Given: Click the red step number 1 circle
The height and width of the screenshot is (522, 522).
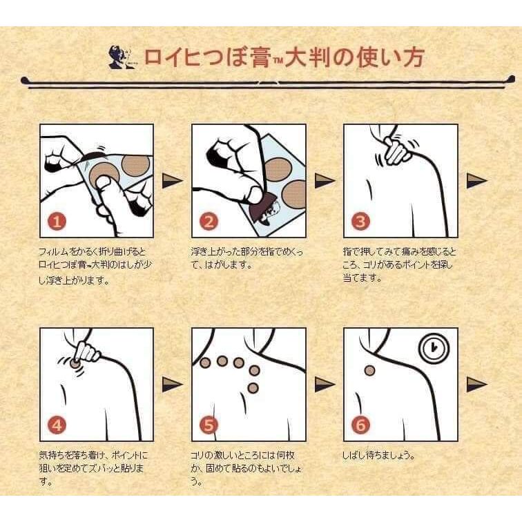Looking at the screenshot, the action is coord(57,222).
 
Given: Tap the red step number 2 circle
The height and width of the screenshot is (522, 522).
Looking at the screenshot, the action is coord(209,222).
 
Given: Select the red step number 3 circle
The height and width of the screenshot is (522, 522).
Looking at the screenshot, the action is coord(361,222).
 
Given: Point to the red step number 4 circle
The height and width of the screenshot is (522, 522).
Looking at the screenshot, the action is coord(57,425).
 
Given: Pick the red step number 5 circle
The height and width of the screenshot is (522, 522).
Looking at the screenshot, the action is coord(209,425).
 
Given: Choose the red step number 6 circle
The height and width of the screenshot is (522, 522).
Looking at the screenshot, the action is coord(361,425).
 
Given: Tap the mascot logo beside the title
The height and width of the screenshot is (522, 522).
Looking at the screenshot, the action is coord(122,57).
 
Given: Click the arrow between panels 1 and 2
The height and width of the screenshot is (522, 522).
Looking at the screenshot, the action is coord(172,181).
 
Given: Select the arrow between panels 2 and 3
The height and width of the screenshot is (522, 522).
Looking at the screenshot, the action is coord(325,181).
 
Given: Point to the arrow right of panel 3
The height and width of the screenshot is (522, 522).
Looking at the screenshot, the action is coord(476,181).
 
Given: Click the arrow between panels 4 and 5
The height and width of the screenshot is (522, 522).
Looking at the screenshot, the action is coord(172,385).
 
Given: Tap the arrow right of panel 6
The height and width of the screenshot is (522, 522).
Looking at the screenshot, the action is coord(476,385).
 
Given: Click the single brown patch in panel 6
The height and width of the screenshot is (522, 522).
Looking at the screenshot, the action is coord(369,370).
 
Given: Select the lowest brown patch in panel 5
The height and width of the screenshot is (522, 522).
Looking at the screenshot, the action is coord(253,387).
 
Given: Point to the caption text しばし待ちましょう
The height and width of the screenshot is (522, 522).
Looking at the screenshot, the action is coord(379,455).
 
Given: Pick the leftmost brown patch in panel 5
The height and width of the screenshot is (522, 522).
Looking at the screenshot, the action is coord(205,362).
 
